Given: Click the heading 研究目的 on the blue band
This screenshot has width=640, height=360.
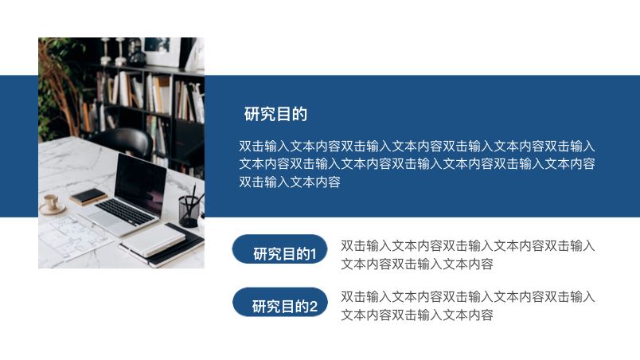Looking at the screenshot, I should (275, 114).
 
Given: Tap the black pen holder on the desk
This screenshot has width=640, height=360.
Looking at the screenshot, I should (189, 211).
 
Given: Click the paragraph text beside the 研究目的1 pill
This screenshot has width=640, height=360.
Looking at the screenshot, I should (467, 255).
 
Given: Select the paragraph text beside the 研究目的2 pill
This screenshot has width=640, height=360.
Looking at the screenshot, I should (467, 306).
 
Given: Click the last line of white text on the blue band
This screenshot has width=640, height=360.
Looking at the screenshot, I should (290, 182).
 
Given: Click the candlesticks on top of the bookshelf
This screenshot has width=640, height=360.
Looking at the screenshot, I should (119, 50).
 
